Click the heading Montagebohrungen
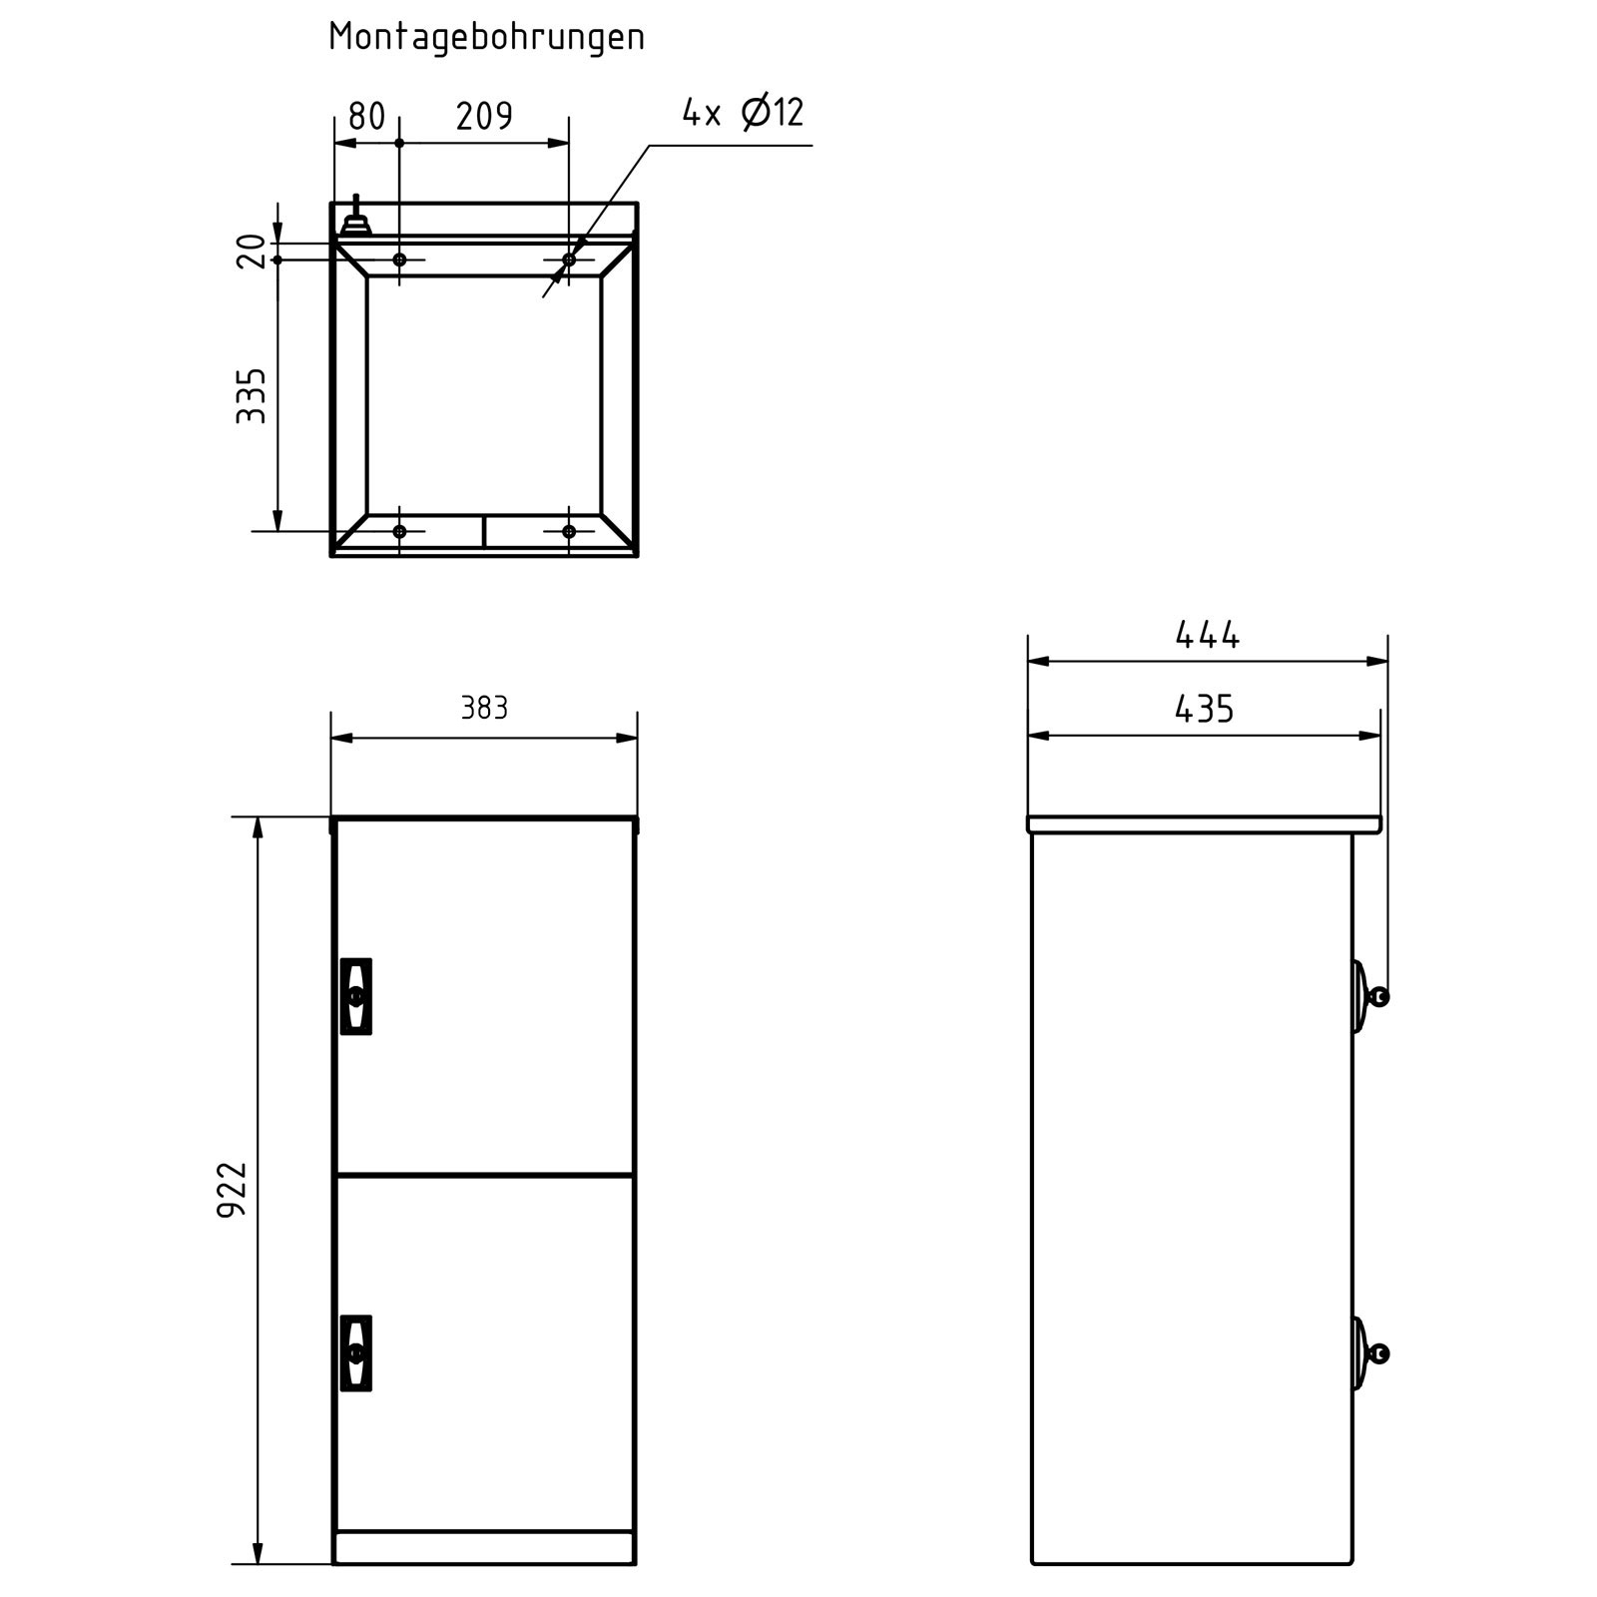tap(486, 38)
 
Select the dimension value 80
tap(366, 117)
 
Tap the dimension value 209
tap(484, 117)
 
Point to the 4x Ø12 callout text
tap(743, 112)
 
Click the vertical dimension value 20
tap(253, 251)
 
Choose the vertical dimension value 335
tap(252, 395)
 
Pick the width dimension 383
tap(484, 708)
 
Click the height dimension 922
tap(233, 1189)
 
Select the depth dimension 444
tap(1207, 635)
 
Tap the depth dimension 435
tap(1204, 710)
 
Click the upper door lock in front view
tap(356, 996)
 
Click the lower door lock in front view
tap(356, 1352)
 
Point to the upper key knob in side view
tap(1377, 996)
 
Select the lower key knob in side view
tap(1377, 1353)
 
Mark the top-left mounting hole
tap(399, 260)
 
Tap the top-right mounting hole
tap(569, 260)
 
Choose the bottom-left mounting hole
tap(399, 531)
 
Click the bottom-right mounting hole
tap(569, 531)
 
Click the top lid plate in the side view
tap(1204, 824)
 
